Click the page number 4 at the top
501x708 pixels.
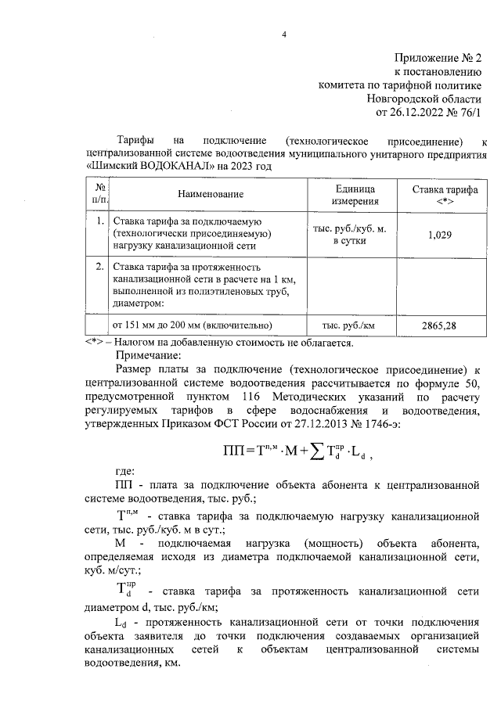coord(284,34)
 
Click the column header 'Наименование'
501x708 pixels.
coord(211,194)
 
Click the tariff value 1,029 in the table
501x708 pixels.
coord(440,234)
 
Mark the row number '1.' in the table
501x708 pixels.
coord(100,221)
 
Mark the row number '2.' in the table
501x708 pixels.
coord(100,267)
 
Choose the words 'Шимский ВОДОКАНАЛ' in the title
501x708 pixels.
coord(137,167)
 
